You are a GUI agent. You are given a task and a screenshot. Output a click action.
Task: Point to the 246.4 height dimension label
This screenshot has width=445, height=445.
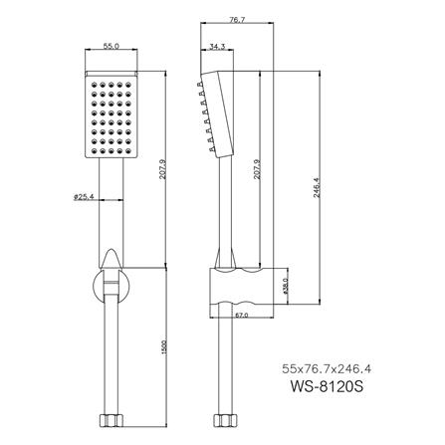coord(317,183)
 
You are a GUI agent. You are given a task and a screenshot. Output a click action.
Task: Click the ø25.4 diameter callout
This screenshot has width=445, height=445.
coord(84,196)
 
